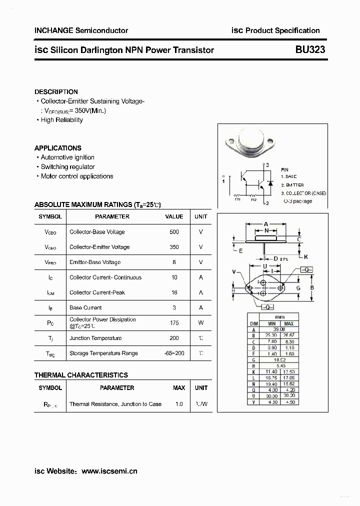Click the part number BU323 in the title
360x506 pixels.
pyautogui.click(x=310, y=49)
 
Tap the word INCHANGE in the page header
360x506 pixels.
pyautogui.click(x=53, y=30)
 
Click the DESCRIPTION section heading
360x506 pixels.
pyautogui.click(x=56, y=91)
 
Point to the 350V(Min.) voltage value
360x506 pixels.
pyautogui.click(x=90, y=110)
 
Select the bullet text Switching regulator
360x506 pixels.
pyautogui.click(x=67, y=166)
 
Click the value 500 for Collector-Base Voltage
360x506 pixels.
pyautogui.click(x=174, y=232)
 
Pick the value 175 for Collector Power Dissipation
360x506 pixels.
pyautogui.click(x=174, y=323)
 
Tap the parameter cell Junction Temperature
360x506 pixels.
pyautogui.click(x=95, y=338)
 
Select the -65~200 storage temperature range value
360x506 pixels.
pyautogui.click(x=174, y=353)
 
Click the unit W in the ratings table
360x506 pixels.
pyautogui.click(x=200, y=323)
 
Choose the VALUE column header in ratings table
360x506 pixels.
pyautogui.click(x=174, y=216)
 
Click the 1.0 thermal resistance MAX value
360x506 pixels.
pyautogui.click(x=179, y=404)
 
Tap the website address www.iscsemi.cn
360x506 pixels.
pyautogui.click(x=109, y=470)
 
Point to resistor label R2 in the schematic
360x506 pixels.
pyautogui.click(x=254, y=199)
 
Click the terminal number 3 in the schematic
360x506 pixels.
pyautogui.click(x=267, y=165)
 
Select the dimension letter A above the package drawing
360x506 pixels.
pyautogui.click(x=266, y=223)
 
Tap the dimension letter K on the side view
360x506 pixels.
pyautogui.click(x=306, y=257)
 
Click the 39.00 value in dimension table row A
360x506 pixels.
pyautogui.click(x=279, y=329)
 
